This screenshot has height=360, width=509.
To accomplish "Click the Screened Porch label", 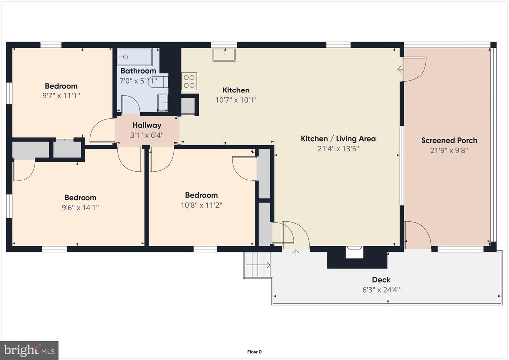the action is [x=449, y=141].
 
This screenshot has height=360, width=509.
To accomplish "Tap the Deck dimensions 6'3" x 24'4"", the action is [x=381, y=290].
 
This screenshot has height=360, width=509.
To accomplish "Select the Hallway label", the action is [x=147, y=125].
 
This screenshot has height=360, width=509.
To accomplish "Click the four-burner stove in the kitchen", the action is [x=189, y=81].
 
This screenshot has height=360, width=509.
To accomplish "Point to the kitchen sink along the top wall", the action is [x=224, y=55].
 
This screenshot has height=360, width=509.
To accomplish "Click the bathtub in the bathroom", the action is [x=135, y=57].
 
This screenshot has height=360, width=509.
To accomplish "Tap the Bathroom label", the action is [x=138, y=71].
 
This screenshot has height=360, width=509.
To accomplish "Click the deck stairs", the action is [x=257, y=265].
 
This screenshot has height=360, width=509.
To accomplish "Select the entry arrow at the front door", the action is [x=296, y=252].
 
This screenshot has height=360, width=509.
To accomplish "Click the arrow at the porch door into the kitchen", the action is [x=401, y=69].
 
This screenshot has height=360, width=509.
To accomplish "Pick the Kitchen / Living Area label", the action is [x=338, y=139].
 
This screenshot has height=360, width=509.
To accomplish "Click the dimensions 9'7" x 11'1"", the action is [x=61, y=96].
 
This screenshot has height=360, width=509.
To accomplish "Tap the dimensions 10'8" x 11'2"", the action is [x=201, y=205].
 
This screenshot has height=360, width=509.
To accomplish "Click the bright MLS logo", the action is [x=29, y=350].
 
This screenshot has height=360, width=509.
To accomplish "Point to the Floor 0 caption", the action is [x=254, y=352].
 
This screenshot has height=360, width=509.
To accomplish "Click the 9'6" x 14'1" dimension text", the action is [x=80, y=208].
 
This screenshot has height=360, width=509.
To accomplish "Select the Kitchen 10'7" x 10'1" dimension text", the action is [x=236, y=100].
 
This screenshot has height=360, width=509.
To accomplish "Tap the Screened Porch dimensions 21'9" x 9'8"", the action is [x=449, y=150].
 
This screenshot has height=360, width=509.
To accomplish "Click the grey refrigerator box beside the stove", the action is [x=188, y=105].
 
